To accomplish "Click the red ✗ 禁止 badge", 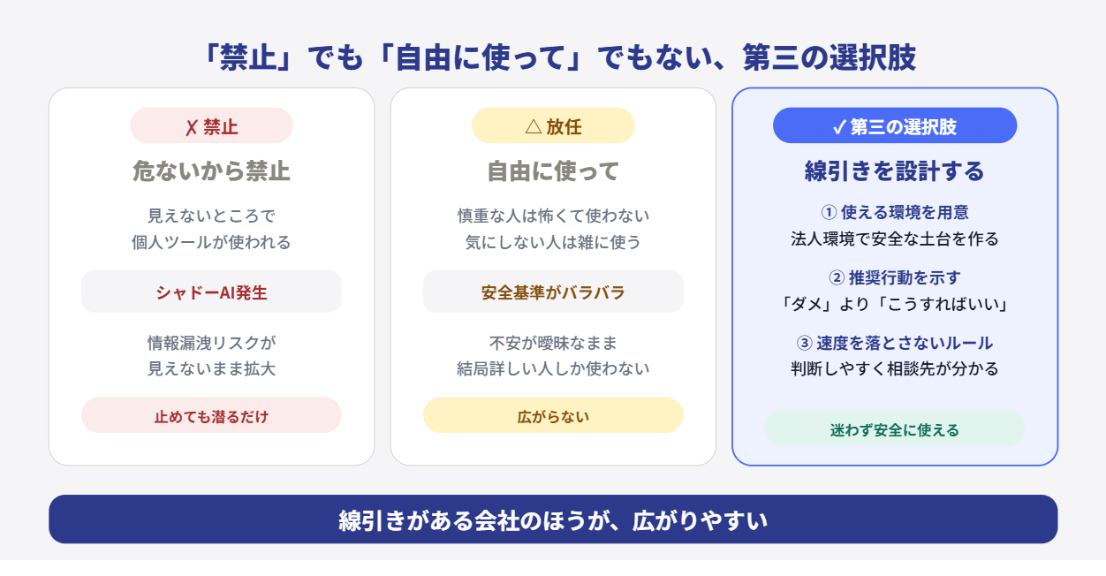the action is click(x=211, y=125).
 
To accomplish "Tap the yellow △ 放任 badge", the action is click(x=553, y=125).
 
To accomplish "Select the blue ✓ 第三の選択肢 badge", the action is click(x=895, y=125).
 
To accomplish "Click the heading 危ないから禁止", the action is click(x=211, y=171).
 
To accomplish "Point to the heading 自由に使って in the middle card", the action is click(x=553, y=171).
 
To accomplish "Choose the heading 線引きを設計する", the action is click(x=895, y=171).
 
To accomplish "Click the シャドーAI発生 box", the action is click(x=211, y=292).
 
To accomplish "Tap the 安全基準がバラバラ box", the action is click(x=553, y=292).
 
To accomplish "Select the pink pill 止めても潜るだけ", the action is click(x=211, y=415).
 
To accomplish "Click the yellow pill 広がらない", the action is click(x=553, y=415).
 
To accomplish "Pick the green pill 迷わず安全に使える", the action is click(x=895, y=428).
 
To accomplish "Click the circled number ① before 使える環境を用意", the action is click(x=829, y=212).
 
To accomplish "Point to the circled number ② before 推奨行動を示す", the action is click(x=837, y=277).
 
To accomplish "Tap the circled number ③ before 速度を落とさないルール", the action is click(x=804, y=343).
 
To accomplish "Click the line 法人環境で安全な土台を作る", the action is click(x=895, y=239).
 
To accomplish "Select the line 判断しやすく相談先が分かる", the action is click(x=895, y=368).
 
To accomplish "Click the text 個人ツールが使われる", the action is click(x=211, y=242).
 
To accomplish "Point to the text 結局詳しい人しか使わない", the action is click(x=553, y=368).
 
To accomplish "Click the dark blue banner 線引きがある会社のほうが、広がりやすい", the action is click(x=553, y=519).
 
